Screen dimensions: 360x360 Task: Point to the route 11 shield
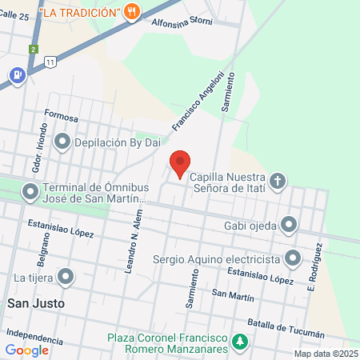point(51,61)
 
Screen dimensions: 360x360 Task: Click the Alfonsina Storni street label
point(182,25)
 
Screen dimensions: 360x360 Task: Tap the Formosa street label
point(62,118)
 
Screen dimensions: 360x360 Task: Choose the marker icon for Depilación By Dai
point(62,143)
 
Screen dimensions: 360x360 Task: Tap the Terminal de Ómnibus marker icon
point(30,192)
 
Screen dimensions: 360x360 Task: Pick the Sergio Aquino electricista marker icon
point(293,258)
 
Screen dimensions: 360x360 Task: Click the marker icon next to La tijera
point(66,278)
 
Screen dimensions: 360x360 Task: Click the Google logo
point(27,350)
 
